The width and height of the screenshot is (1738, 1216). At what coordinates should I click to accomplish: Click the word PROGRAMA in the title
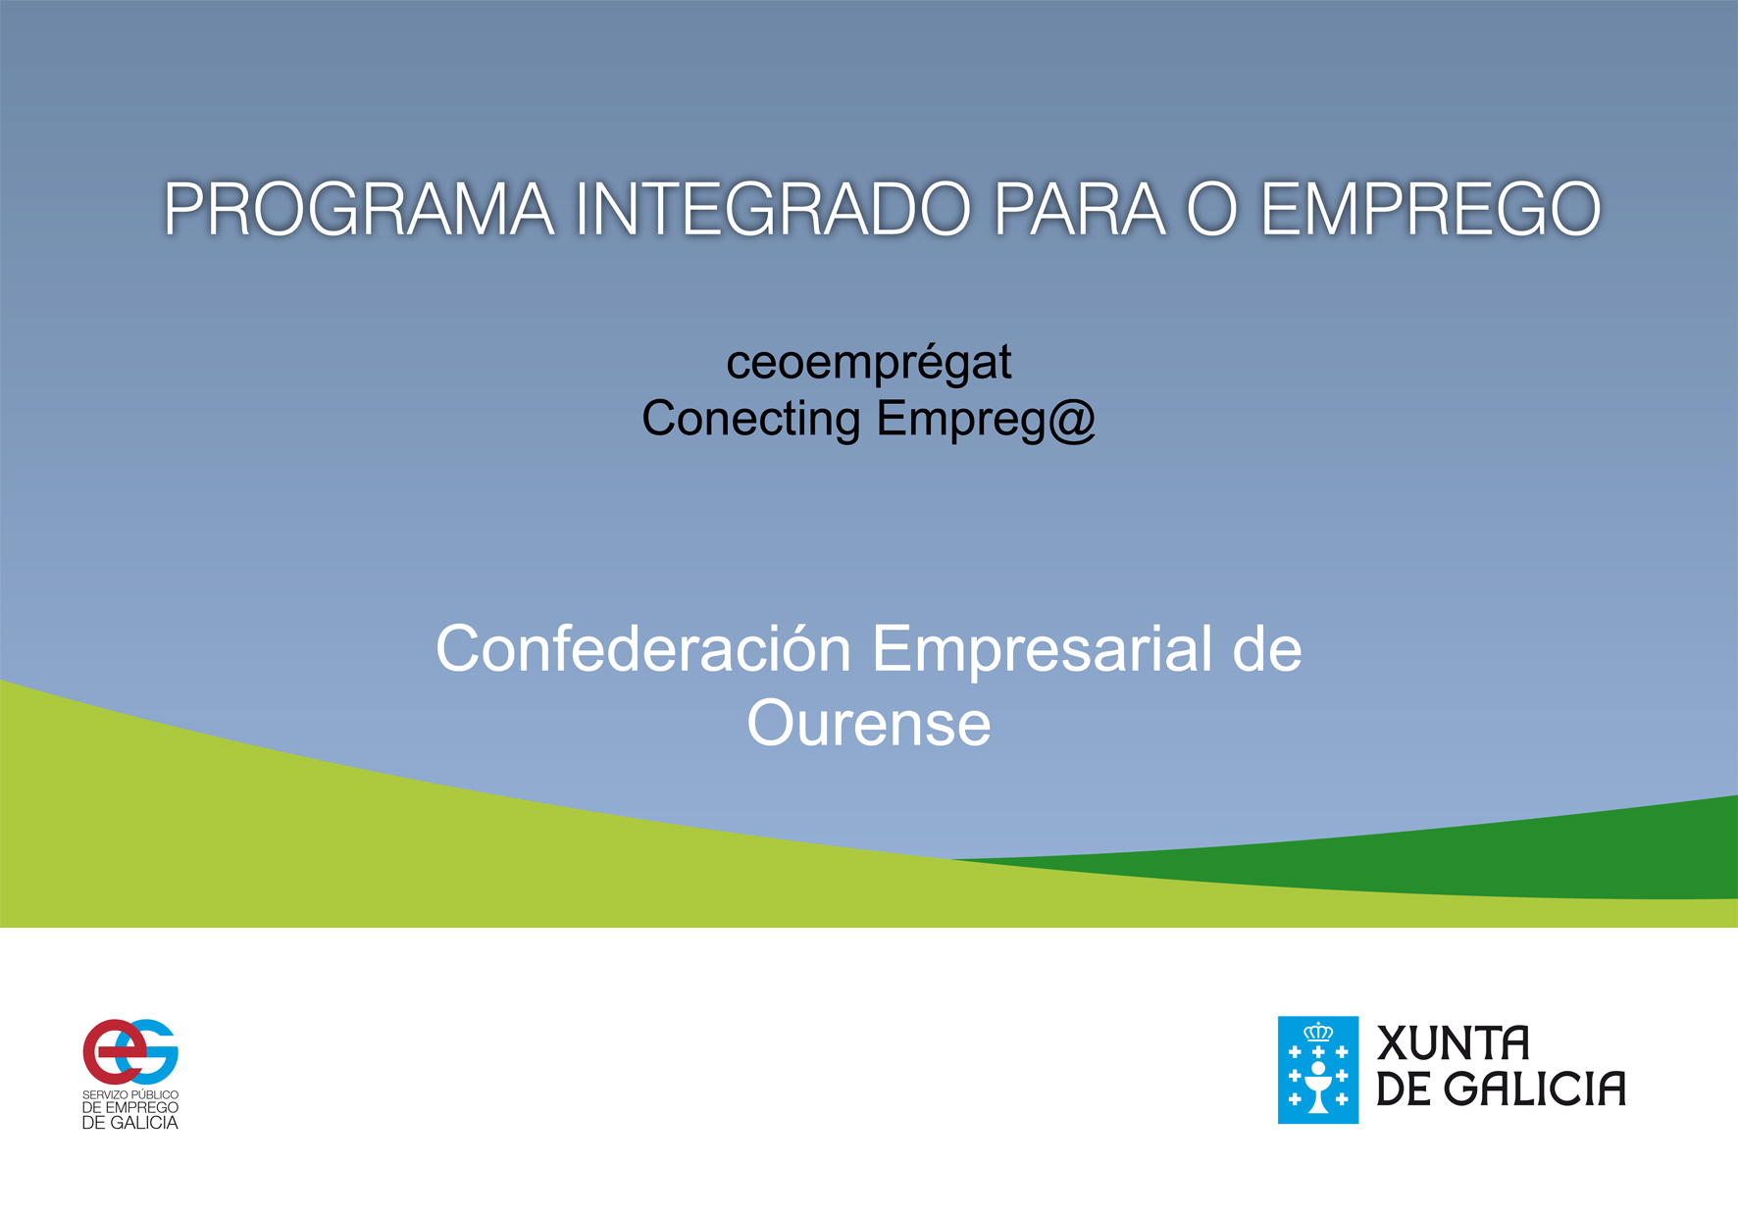point(359,209)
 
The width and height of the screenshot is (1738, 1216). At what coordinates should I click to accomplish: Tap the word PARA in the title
point(1079,209)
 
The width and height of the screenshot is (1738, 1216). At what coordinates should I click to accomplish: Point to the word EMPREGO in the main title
point(1430,209)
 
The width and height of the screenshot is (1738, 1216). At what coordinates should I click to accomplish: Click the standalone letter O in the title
point(1212,209)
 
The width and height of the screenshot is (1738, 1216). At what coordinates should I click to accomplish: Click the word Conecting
point(751,419)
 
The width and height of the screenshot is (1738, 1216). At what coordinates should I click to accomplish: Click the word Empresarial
point(1043,649)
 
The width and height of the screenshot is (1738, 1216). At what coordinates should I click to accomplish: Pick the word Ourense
point(869,724)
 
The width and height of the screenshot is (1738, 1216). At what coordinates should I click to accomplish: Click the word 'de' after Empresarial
point(1267,649)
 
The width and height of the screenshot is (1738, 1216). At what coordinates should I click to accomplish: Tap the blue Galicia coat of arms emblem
point(1318,1070)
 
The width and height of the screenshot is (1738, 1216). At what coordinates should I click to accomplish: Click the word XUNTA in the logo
point(1454,1043)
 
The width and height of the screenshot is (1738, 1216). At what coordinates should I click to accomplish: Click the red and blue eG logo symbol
point(130,1051)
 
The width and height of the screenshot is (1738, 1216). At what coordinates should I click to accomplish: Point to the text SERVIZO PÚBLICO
point(130,1094)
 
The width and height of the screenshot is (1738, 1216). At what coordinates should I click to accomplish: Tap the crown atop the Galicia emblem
point(1318,1032)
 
